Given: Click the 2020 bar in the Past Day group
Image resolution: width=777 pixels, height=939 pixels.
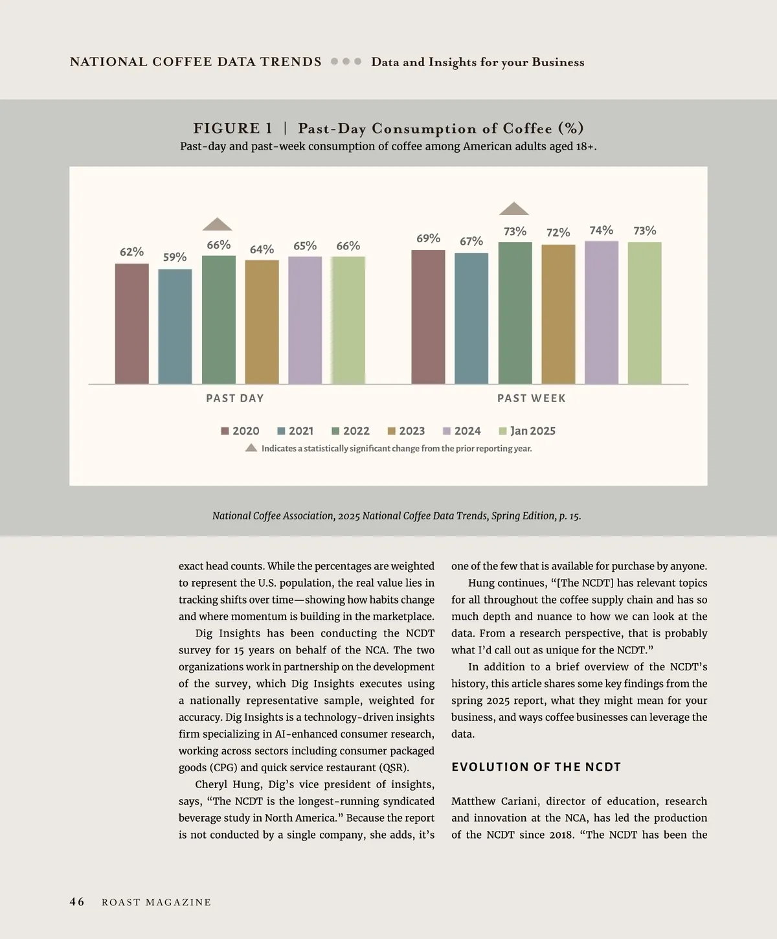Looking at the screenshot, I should [x=132, y=324].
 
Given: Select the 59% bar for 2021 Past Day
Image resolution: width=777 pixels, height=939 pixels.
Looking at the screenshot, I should [x=175, y=326].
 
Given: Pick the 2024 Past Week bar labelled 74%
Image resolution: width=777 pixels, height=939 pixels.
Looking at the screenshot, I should [x=602, y=312].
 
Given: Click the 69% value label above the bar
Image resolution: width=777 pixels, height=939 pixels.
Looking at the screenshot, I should [x=428, y=238].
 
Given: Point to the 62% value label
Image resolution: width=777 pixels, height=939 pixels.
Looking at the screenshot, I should [x=131, y=252].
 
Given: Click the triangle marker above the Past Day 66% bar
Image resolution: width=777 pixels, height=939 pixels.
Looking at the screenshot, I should [x=218, y=224].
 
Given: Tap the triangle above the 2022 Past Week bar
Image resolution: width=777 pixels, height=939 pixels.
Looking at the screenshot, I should [x=514, y=209].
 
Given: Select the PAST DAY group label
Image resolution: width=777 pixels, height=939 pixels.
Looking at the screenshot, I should [x=235, y=398].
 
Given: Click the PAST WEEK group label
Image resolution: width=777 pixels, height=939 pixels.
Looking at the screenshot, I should [x=532, y=398].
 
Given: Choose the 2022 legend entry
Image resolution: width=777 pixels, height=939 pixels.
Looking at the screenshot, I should [x=350, y=431].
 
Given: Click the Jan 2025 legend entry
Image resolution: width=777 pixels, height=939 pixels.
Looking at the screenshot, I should [x=527, y=431].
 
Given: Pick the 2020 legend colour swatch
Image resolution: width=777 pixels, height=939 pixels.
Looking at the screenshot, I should [x=225, y=431].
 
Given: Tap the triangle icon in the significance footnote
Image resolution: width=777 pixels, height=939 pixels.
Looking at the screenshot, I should [x=251, y=448].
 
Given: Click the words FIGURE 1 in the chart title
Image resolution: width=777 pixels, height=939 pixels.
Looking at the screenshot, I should [x=233, y=128].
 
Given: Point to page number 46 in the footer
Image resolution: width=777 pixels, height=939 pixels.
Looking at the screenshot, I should [x=77, y=902].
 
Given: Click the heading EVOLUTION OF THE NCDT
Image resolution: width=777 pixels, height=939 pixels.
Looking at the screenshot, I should [x=536, y=767].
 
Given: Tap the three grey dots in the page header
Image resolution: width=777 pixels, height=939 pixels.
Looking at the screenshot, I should [x=346, y=62].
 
